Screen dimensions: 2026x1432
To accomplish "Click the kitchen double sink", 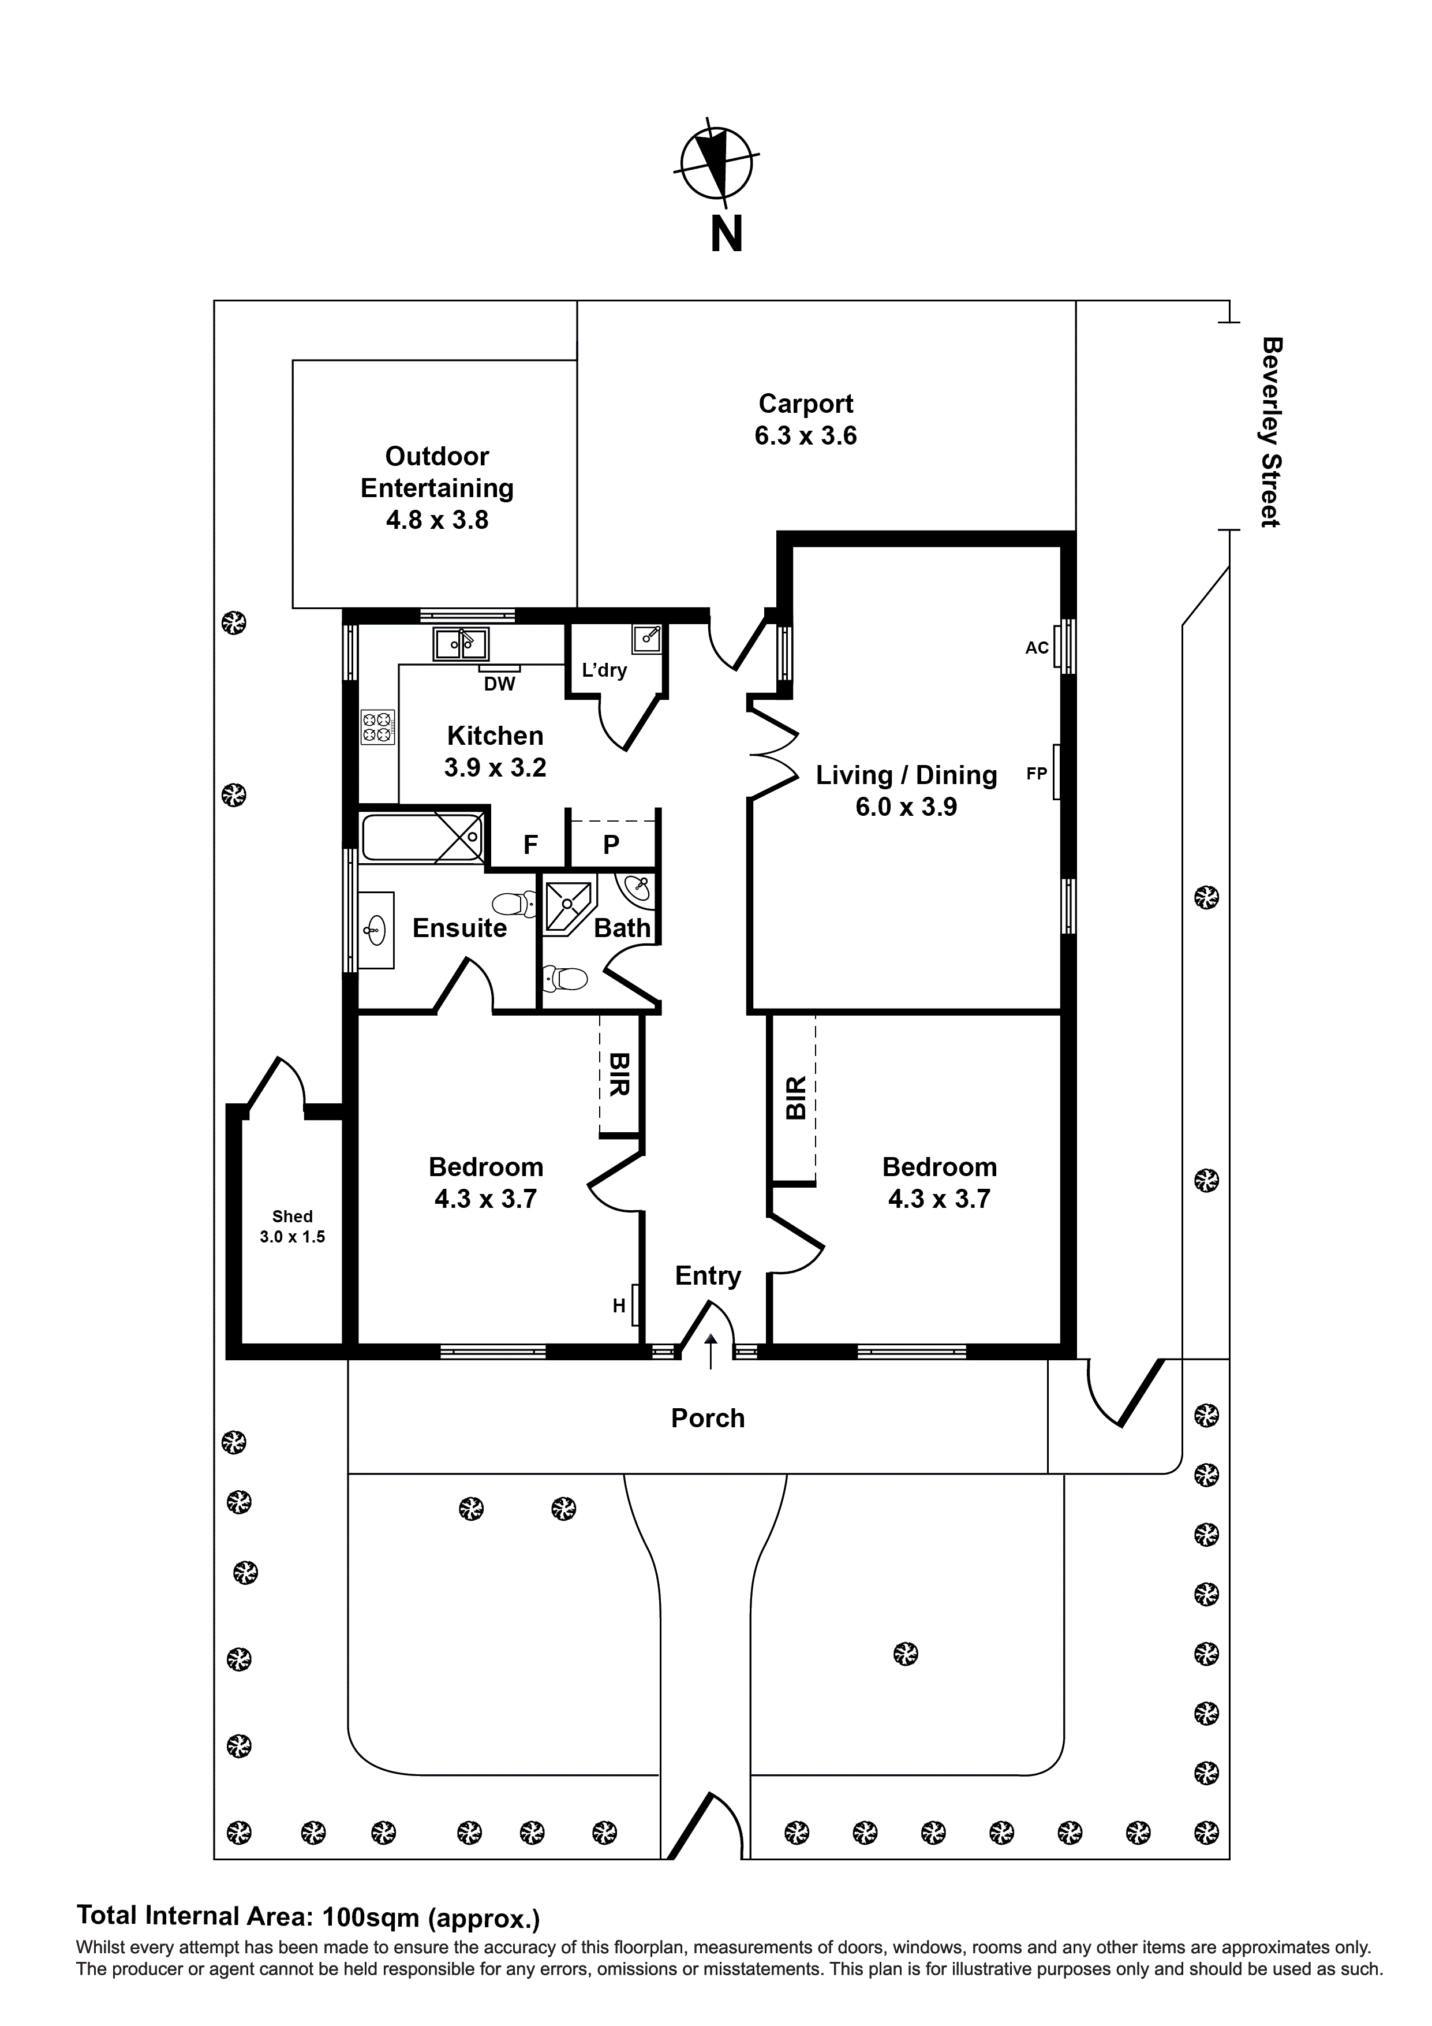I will click(x=461, y=644).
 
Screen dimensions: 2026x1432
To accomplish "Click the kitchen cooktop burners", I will click(x=377, y=727).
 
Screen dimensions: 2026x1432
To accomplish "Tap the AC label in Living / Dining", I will click(x=1037, y=648).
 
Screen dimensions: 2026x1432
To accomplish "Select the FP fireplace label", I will click(x=1037, y=774).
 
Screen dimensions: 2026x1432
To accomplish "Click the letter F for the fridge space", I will click(x=530, y=845).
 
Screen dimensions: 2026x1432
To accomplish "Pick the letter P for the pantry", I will click(x=611, y=845).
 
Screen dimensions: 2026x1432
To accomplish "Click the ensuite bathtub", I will click(x=422, y=837).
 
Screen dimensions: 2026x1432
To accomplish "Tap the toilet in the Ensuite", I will click(x=514, y=904).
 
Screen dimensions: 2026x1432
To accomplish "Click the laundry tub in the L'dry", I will click(x=648, y=638).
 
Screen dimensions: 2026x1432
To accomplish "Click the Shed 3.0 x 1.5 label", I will click(x=292, y=1226).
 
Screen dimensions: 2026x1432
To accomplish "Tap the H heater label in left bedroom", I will click(x=619, y=1305).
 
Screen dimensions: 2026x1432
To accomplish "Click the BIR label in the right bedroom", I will click(x=796, y=1097).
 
